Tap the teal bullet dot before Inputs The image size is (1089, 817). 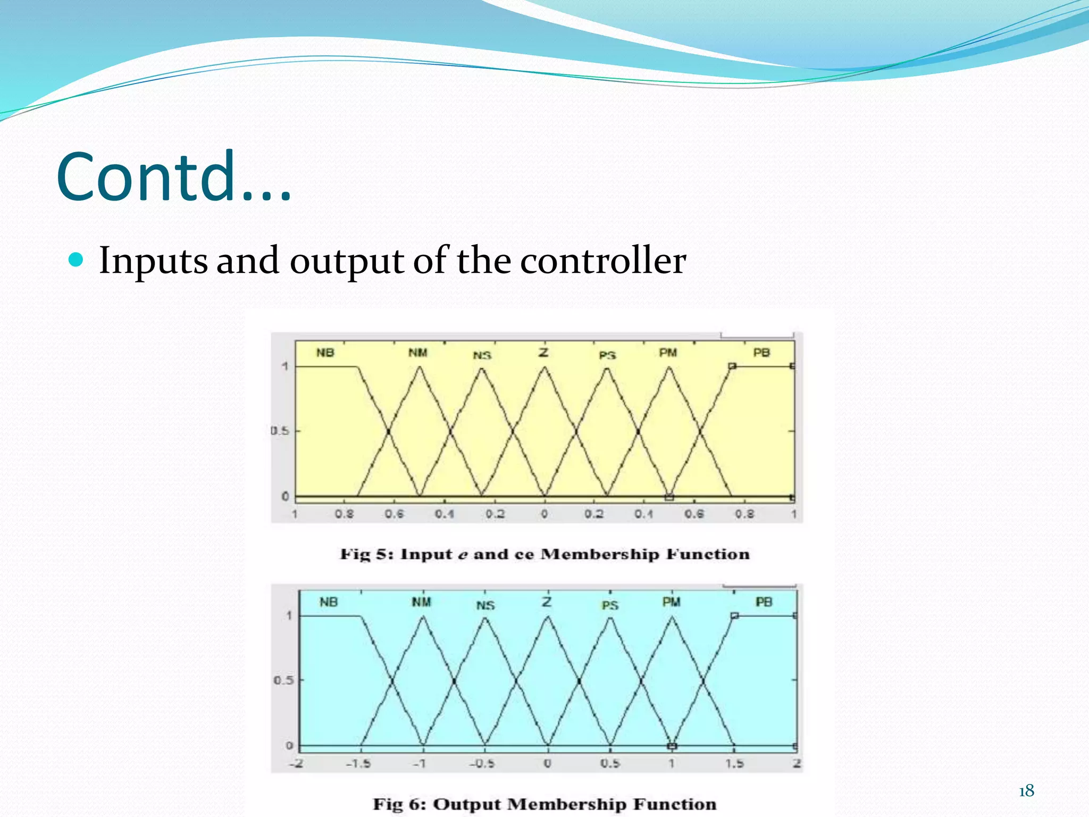click(x=77, y=260)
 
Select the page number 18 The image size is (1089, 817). click(x=1026, y=791)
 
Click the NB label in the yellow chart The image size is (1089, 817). click(x=325, y=353)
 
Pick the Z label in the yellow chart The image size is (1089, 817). click(x=543, y=352)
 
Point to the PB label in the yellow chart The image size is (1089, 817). click(x=761, y=353)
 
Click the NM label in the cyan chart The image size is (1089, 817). click(x=421, y=602)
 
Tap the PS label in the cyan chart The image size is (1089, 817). click(x=610, y=605)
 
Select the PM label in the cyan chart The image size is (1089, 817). click(x=671, y=602)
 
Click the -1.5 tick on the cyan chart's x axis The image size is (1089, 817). click(x=358, y=764)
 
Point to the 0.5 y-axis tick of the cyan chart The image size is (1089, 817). click(x=283, y=680)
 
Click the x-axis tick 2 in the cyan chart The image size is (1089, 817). click(x=797, y=764)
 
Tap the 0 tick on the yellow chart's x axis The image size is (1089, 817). click(x=544, y=514)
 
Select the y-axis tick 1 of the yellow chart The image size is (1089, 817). click(x=285, y=366)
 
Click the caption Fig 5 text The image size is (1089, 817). click(x=544, y=554)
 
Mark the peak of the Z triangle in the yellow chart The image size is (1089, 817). click(x=544, y=367)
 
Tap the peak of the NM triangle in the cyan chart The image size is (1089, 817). click(x=423, y=616)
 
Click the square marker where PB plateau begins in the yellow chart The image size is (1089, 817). click(x=732, y=366)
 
